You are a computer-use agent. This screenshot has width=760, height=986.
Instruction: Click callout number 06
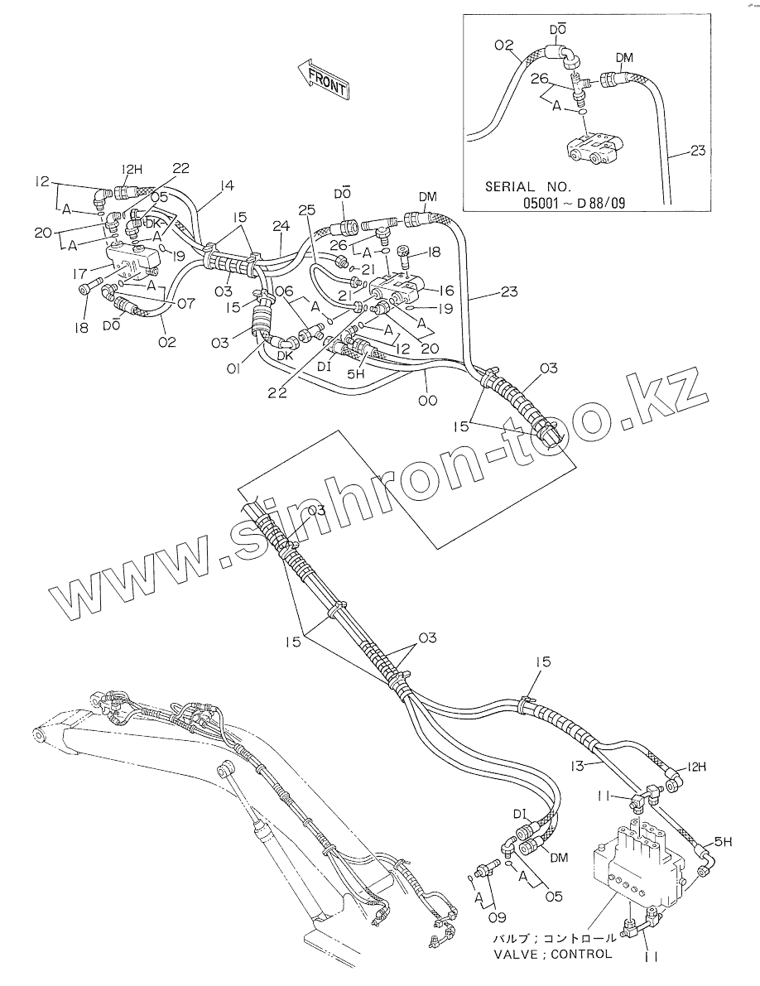(283, 290)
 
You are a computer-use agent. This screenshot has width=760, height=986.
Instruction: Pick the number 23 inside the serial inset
(698, 151)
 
